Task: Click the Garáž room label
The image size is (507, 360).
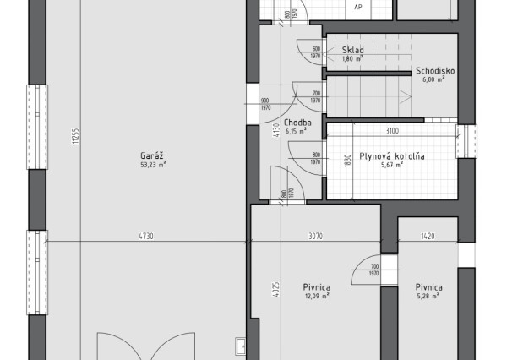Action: pos(153,155)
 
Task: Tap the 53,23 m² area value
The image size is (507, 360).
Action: pos(153,166)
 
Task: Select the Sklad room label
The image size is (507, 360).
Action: pos(352,50)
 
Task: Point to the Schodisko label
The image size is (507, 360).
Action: pos(435,71)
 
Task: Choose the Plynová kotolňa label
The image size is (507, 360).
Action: pos(391,155)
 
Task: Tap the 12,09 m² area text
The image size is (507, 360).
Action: pos(316,297)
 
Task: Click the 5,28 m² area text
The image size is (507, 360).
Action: pos(429,297)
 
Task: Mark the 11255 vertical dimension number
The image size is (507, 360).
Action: pos(75,137)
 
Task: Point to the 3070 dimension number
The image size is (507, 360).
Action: pos(315,237)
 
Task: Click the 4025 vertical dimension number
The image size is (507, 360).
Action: pos(276,288)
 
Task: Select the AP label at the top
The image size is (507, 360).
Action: pos(358,7)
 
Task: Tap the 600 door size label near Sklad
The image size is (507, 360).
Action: pos(315,49)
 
